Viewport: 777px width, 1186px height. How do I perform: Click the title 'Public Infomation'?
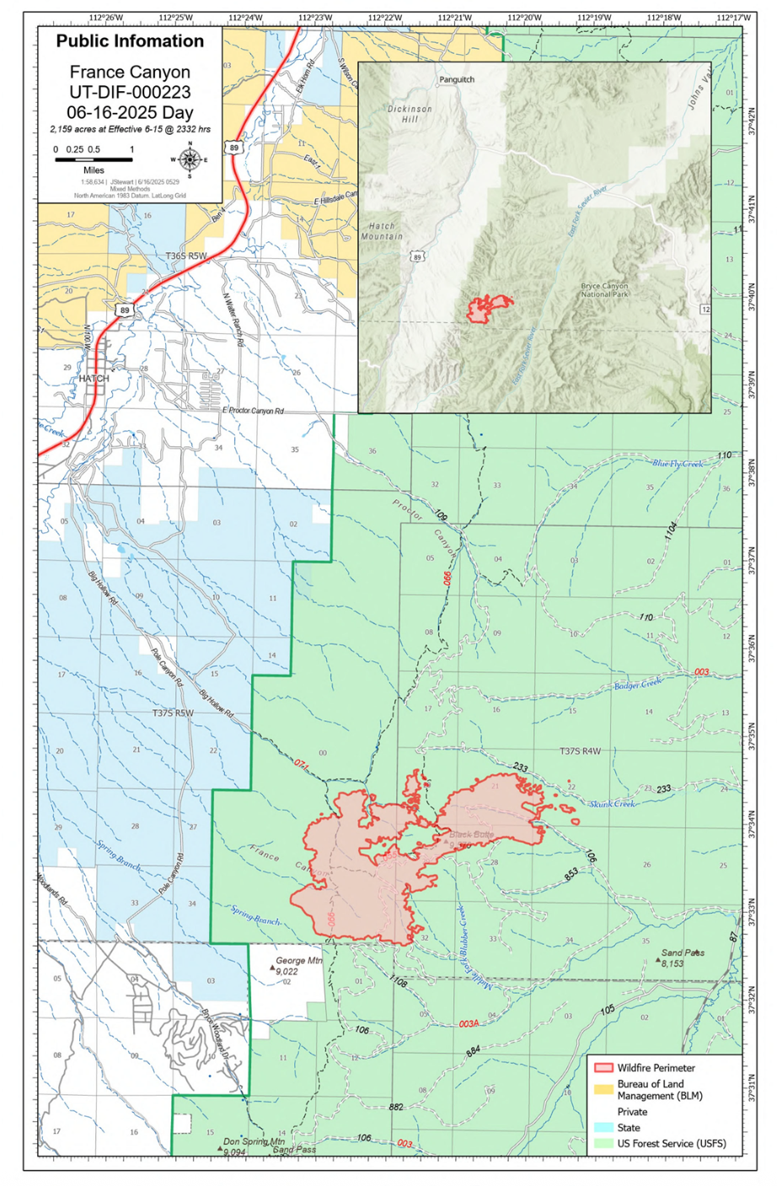click(130, 41)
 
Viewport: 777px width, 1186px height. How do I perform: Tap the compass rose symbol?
click(190, 159)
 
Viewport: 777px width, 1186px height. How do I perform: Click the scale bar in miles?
click(94, 159)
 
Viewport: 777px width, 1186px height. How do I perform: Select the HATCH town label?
click(94, 379)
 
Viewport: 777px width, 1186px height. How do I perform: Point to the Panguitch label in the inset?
click(457, 80)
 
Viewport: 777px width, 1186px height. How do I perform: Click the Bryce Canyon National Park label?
click(604, 290)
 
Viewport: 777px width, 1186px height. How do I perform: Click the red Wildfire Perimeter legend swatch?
click(603, 1068)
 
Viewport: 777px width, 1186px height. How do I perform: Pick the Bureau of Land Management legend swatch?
click(603, 1089)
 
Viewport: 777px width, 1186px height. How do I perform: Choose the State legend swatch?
click(603, 1127)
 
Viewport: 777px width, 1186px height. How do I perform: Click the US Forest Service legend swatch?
click(603, 1144)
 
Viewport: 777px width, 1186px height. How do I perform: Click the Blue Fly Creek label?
click(678, 464)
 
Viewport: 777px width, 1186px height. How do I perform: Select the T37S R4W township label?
click(581, 751)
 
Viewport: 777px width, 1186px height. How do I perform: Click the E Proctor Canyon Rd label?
click(253, 411)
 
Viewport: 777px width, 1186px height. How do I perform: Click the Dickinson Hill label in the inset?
click(410, 114)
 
